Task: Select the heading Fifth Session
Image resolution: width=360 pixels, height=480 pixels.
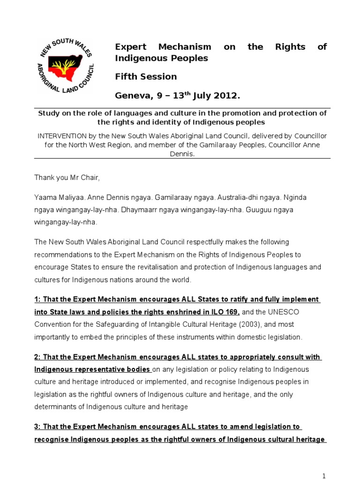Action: [x=146, y=76]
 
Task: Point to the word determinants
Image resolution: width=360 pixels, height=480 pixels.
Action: [x=54, y=406]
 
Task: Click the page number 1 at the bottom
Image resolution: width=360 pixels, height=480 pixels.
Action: [x=324, y=476]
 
